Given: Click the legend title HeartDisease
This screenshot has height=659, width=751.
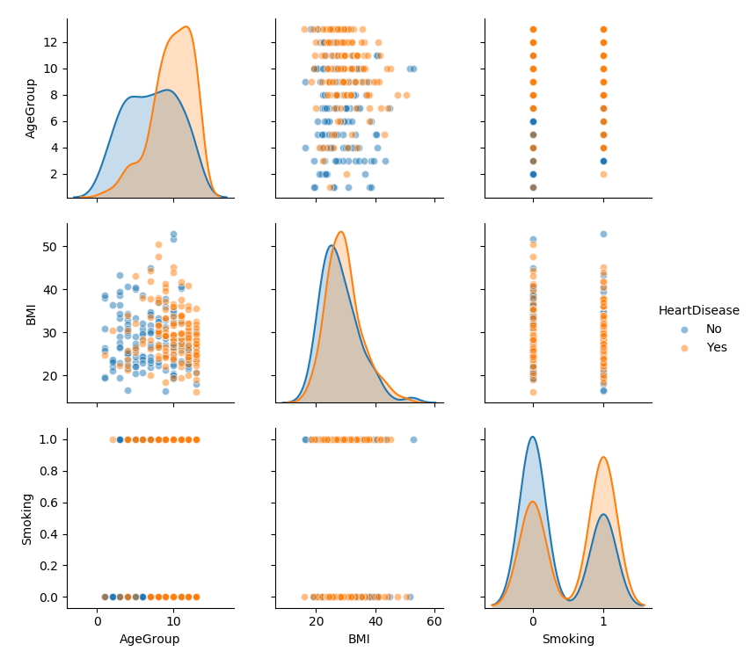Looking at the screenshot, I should (698, 310).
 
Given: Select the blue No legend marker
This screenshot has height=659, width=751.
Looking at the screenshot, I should (685, 329).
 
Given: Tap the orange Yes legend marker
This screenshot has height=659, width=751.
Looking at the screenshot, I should (685, 347).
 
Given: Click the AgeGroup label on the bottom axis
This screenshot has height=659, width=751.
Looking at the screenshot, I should (149, 640).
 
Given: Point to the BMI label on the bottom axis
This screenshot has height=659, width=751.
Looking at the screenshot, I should (359, 640).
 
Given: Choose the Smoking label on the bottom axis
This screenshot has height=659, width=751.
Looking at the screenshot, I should (568, 640).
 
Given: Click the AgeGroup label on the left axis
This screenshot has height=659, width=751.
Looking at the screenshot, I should (31, 108).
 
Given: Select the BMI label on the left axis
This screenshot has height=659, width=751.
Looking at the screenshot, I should (31, 314).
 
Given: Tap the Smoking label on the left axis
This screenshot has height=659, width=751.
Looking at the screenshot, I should (27, 518).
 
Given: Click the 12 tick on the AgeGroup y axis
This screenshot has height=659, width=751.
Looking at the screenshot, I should (52, 42).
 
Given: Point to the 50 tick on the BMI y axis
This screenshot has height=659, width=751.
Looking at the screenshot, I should (52, 247).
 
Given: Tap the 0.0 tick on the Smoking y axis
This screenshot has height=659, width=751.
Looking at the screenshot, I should (48, 597).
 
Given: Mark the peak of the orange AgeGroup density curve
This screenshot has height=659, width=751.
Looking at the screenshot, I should (186, 26).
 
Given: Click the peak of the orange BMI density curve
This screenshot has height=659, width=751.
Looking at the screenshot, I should (340, 232).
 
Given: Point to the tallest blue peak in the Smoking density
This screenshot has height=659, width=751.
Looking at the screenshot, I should (532, 437).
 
